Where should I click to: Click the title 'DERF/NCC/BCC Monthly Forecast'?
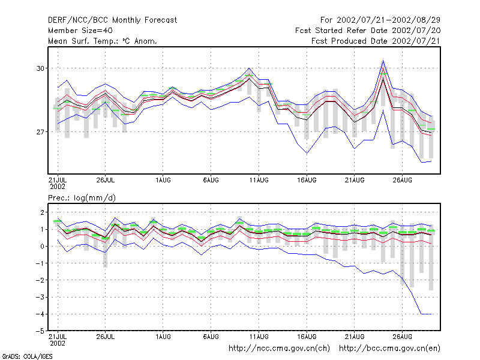112,20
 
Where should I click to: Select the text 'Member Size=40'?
80,31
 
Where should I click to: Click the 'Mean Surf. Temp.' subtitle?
102,41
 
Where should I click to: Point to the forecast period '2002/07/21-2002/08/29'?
388,20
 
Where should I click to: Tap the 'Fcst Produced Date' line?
376,41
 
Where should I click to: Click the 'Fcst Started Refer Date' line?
368,31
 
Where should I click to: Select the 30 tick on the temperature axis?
40,68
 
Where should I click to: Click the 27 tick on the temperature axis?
40,132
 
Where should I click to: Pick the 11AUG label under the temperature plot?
259,181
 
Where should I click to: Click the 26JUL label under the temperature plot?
106,181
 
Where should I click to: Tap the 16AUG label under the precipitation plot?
307,337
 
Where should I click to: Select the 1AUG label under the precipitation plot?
163,337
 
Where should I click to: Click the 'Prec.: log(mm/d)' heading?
82,198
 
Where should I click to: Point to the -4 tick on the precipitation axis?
40,314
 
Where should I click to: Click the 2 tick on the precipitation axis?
43,212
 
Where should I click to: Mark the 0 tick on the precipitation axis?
43,247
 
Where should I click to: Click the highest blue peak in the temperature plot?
383,61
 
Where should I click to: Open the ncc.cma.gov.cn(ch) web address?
279,349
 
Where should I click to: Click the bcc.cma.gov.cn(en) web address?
389,349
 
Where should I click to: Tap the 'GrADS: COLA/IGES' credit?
27,356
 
